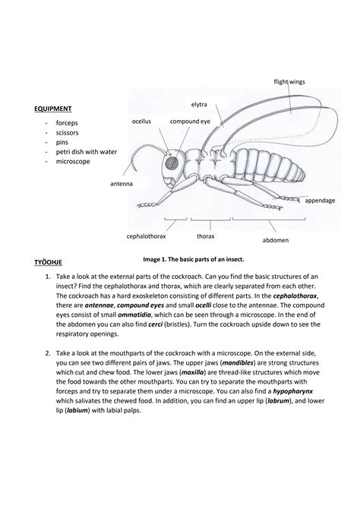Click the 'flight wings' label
click(291, 81)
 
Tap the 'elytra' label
click(200, 103)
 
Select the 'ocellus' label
click(142, 121)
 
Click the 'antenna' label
click(121, 184)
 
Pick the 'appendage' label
click(320, 201)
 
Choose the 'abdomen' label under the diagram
click(275, 239)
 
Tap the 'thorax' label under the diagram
click(206, 236)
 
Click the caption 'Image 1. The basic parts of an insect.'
click(199, 259)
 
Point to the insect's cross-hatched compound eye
click(172, 162)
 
